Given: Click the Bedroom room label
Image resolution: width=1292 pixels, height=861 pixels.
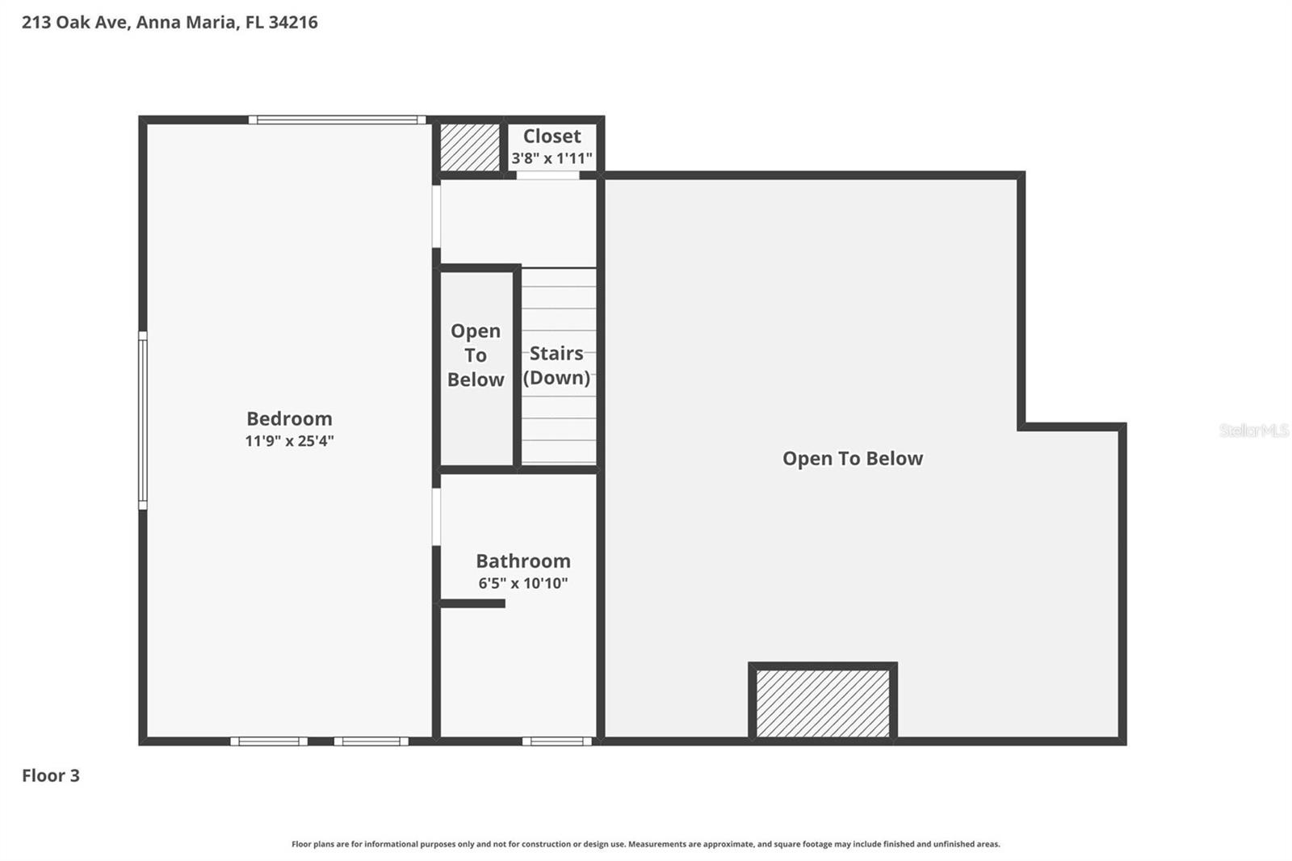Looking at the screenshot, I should (x=289, y=418).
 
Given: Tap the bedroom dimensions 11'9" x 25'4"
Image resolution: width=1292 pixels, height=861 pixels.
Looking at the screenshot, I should (x=289, y=441).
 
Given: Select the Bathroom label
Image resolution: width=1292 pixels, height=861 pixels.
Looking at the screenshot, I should (x=522, y=561).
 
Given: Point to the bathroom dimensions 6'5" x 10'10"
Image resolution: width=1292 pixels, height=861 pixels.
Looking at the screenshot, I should (x=522, y=583).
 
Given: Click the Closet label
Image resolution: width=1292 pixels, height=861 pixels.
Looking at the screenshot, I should (x=552, y=136).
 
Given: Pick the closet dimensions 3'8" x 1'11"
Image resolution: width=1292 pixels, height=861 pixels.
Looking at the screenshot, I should (x=552, y=158).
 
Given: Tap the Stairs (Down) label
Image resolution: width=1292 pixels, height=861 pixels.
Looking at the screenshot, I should (x=556, y=365).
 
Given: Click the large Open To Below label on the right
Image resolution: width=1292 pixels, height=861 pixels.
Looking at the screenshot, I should (x=852, y=459).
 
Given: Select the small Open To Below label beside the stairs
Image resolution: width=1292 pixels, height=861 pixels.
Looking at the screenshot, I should (x=476, y=355).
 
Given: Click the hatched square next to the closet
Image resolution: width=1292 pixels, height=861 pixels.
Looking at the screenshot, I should (x=470, y=147).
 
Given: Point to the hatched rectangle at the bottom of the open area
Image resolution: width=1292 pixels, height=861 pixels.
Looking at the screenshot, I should (x=822, y=702).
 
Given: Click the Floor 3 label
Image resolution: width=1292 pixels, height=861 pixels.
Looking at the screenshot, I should (x=51, y=775).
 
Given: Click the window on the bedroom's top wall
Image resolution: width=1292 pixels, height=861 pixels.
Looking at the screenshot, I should (x=337, y=120).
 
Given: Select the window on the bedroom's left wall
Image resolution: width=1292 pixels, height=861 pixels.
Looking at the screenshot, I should (x=143, y=420).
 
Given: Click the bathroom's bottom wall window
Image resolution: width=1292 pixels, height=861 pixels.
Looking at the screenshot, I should (x=556, y=741).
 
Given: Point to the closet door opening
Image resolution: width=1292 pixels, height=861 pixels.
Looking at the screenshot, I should (x=547, y=175).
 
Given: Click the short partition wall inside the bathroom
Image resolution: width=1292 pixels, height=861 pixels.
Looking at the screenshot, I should (x=472, y=603).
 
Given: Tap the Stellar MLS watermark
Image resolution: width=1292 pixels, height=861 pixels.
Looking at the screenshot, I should (x=1253, y=430).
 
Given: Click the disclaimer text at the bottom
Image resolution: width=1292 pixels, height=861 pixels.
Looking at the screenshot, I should (x=645, y=844).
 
